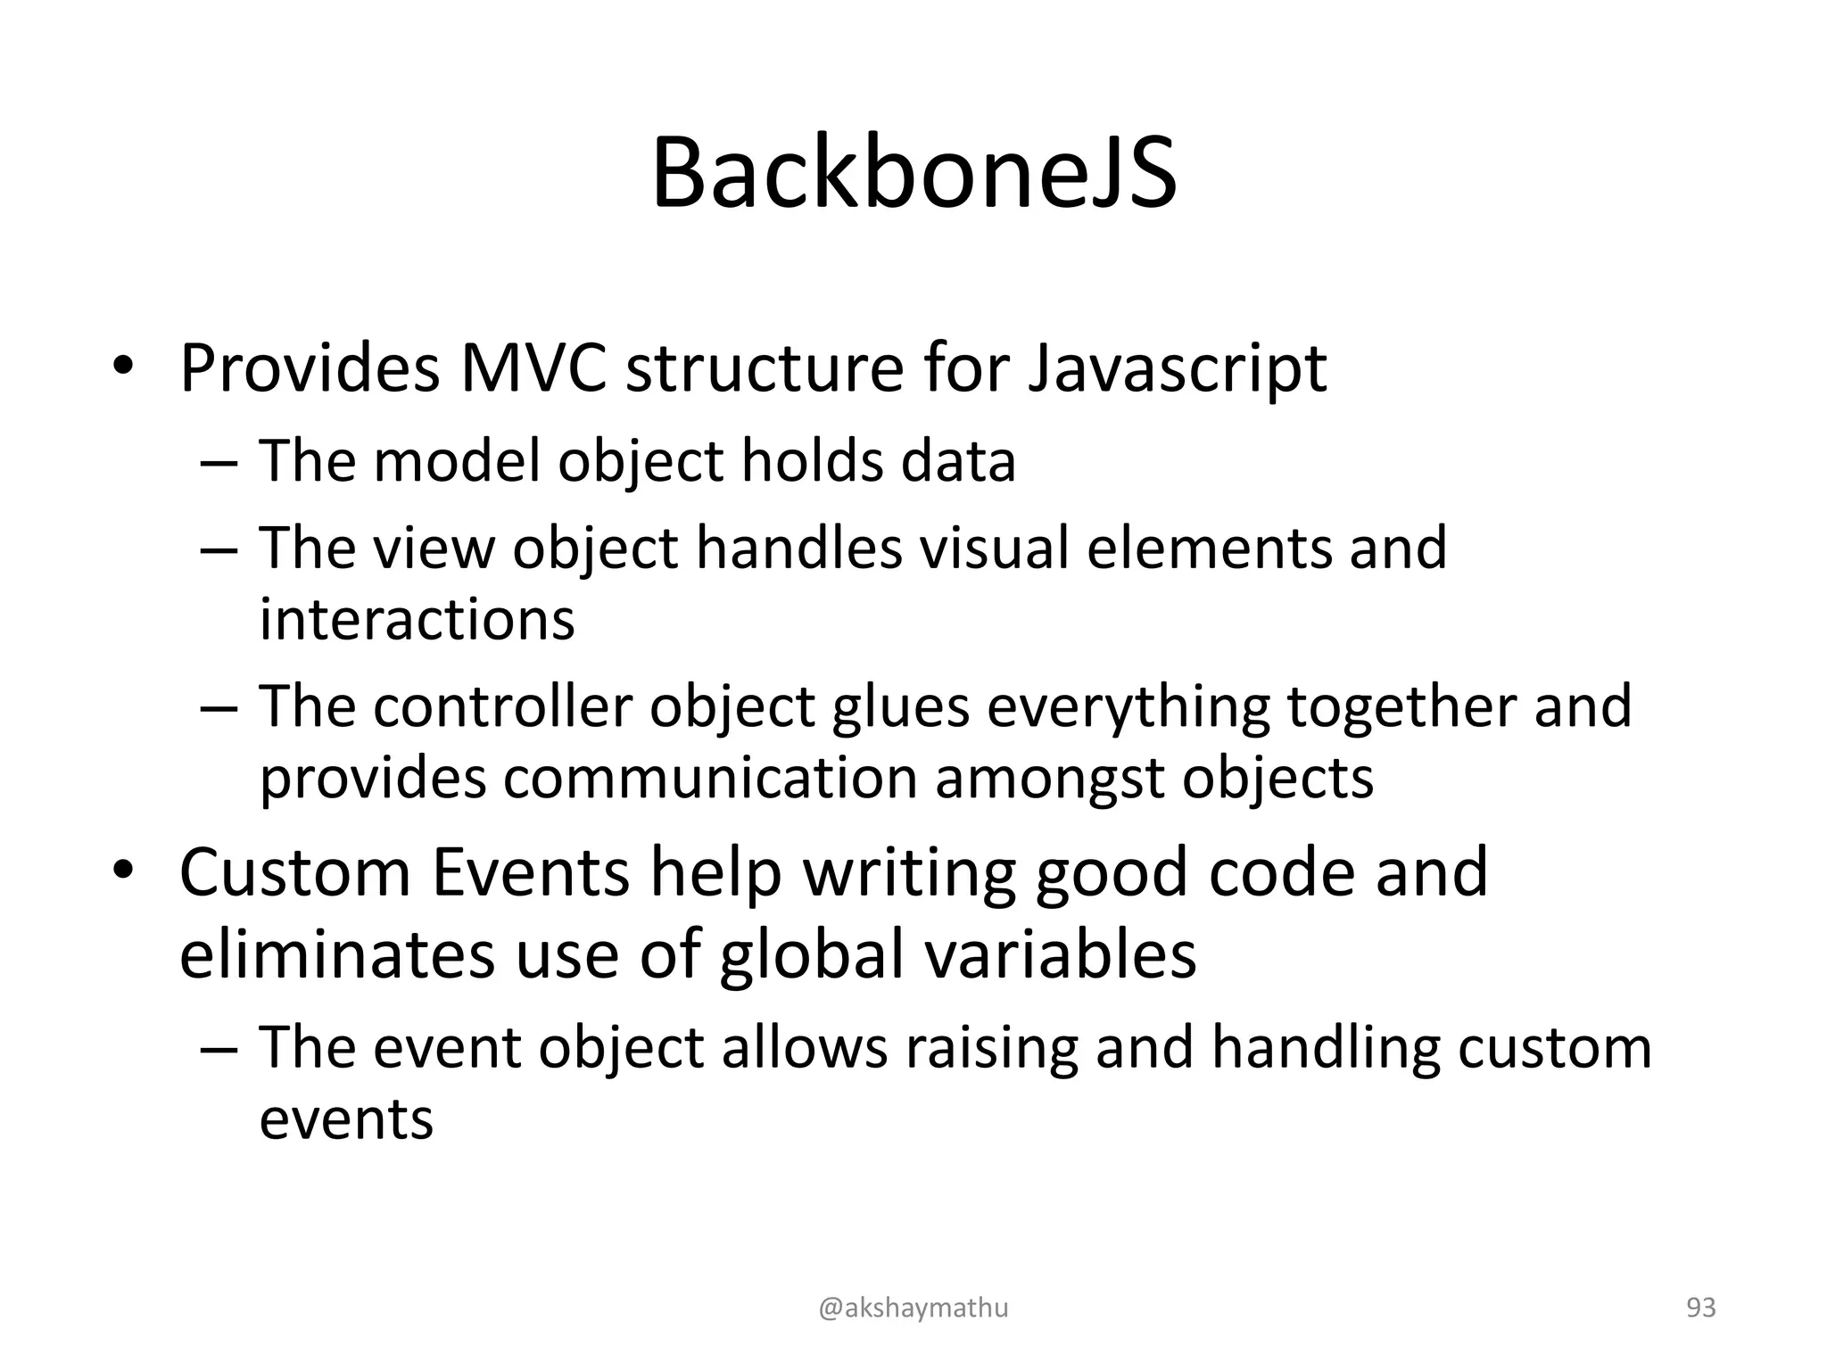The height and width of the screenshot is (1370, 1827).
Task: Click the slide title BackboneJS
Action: click(x=913, y=174)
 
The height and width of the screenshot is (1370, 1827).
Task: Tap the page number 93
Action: click(x=1700, y=1308)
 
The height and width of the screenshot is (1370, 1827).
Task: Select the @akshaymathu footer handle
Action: click(x=913, y=1308)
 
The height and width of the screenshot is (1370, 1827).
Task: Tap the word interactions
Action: click(x=417, y=619)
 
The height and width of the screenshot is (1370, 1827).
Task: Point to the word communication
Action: click(x=710, y=779)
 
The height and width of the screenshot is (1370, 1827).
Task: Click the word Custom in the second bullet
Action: click(x=295, y=872)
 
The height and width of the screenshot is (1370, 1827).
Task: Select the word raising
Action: click(x=992, y=1049)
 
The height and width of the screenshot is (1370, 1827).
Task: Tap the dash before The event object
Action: click(x=219, y=1049)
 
